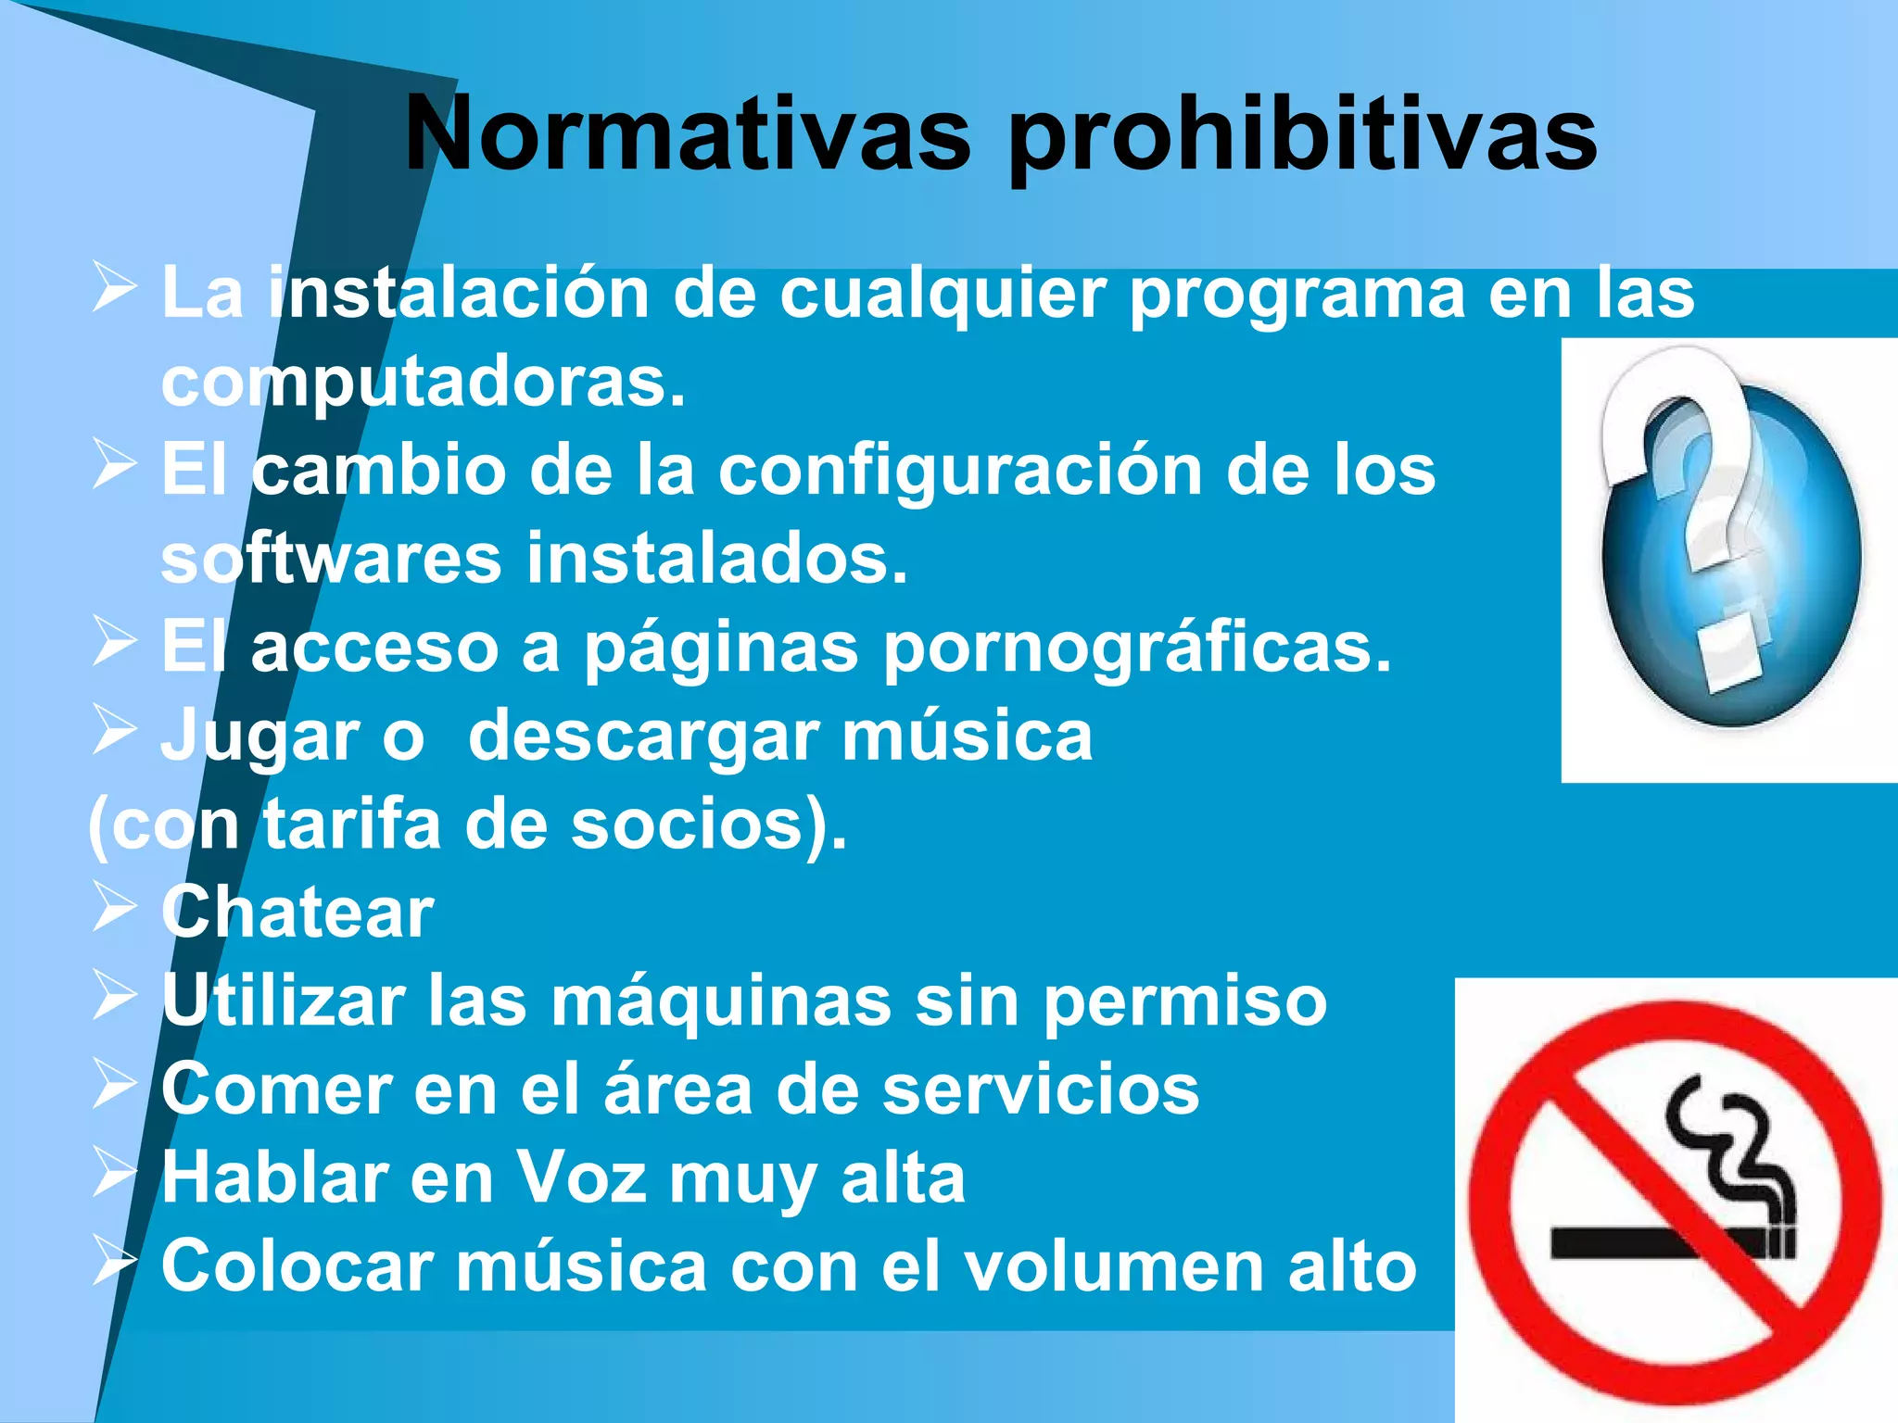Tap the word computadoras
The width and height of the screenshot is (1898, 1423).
point(423,383)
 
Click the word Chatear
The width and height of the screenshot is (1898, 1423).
point(297,913)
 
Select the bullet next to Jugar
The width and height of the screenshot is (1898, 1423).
point(115,731)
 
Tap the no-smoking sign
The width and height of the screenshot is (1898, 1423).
point(1676,1200)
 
